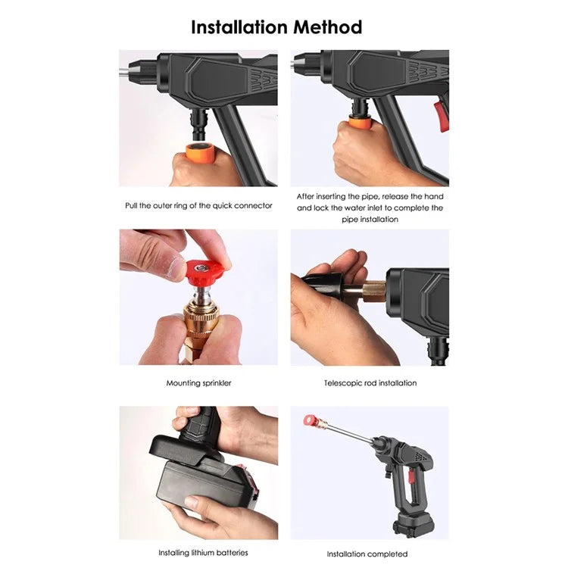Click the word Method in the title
click(326, 27)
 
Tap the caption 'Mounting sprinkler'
click(198, 383)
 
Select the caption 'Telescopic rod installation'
click(370, 383)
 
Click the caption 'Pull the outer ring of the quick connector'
click(198, 206)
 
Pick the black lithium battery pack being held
click(204, 484)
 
